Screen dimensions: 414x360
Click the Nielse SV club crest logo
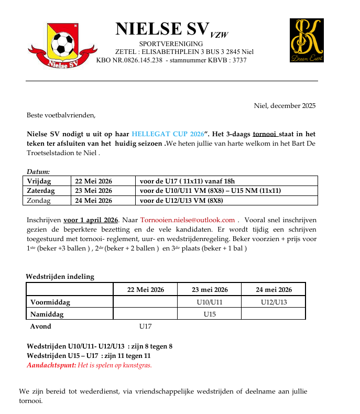coord(62,45)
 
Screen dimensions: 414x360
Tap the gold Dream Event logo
coord(307,40)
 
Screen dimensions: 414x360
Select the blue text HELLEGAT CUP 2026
coord(168,134)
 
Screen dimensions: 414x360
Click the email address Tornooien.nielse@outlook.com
coord(187,220)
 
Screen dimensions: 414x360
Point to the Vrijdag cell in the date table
coord(40,181)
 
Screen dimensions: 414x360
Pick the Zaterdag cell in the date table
coord(41,191)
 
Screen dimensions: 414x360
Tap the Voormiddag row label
coord(50,302)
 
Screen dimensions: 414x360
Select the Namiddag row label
coord(47,314)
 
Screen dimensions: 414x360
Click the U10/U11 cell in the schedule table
coord(210,302)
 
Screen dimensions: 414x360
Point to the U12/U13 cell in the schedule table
coord(274,302)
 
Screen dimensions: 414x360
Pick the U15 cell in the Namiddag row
coord(210,314)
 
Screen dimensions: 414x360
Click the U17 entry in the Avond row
coord(145,326)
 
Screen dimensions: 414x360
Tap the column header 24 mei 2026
coord(274,289)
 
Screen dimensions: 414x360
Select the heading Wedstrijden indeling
coord(60,277)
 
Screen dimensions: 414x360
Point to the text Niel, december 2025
coord(285,106)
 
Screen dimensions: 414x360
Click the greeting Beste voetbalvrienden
coord(61,115)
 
